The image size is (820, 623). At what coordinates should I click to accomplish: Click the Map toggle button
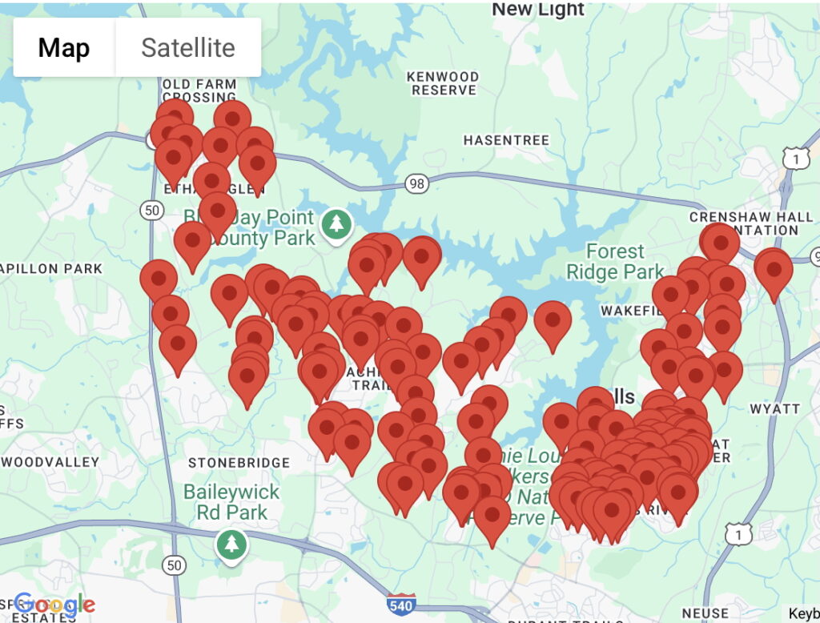(64, 48)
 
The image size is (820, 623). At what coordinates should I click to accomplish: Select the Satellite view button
(188, 48)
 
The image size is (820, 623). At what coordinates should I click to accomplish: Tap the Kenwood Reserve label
(444, 83)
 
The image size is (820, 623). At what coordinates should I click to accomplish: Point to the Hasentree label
(506, 140)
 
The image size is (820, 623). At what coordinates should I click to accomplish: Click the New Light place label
(538, 10)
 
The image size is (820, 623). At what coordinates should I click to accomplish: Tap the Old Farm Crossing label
(199, 90)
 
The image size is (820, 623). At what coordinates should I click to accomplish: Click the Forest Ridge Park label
(615, 261)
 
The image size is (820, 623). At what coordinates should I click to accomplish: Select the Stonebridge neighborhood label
(239, 463)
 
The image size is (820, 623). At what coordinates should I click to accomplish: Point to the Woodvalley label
(50, 462)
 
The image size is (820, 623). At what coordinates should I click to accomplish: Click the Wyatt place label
(774, 408)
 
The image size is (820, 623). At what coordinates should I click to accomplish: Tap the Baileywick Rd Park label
(231, 501)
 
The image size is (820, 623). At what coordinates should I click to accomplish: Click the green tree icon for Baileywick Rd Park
(232, 545)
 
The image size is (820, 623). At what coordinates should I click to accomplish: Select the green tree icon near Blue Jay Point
(337, 223)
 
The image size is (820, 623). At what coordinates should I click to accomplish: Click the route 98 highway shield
(416, 184)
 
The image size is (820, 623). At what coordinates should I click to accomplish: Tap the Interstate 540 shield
(400, 605)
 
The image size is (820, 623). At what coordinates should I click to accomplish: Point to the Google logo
(54, 605)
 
